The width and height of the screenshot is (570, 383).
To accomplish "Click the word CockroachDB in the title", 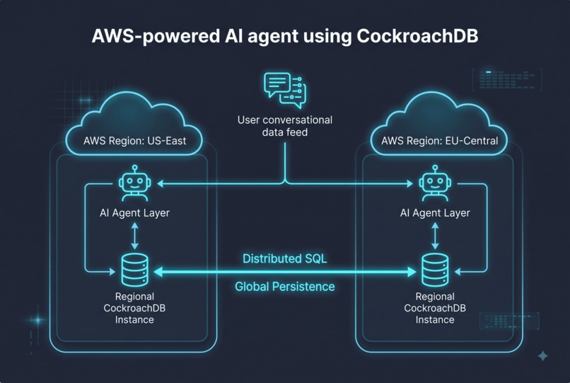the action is [417, 36].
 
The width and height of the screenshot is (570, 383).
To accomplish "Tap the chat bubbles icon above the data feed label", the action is [285, 91].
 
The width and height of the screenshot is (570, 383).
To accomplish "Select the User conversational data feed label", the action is [285, 126].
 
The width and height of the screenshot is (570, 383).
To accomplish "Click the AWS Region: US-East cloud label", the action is [134, 141].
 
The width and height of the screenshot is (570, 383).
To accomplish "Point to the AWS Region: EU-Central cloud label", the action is [439, 141].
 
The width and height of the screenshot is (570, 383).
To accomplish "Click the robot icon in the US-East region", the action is [135, 183].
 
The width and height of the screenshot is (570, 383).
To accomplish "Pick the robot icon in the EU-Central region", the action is [435, 183].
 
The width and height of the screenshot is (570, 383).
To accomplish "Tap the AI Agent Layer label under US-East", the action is [134, 213].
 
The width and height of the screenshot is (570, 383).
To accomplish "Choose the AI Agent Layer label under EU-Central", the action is [435, 213].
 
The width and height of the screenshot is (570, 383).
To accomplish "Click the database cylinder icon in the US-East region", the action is [135, 270].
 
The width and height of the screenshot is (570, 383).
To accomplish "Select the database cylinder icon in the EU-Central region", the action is [435, 270].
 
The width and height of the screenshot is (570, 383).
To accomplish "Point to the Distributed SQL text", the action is [284, 259].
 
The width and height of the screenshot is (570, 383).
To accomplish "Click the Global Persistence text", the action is [284, 287].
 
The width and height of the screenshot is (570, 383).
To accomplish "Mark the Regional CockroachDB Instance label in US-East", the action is [134, 308].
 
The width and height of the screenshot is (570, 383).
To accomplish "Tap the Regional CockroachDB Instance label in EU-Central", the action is [435, 308].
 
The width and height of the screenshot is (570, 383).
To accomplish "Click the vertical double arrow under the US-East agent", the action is [135, 236].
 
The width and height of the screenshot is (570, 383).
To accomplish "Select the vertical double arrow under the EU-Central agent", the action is [435, 236].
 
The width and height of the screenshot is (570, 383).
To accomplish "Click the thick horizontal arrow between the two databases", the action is [285, 272].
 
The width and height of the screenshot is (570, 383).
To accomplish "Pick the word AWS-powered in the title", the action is [156, 36].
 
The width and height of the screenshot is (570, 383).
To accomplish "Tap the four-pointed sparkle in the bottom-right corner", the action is [543, 355].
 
